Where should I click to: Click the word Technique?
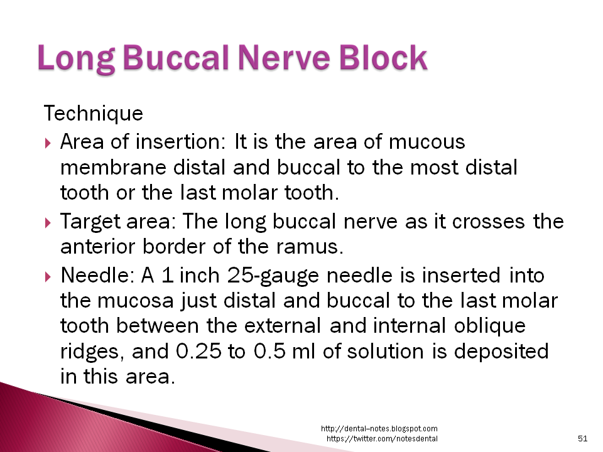click(x=93, y=114)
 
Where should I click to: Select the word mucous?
click(x=427, y=142)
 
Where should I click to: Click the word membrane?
click(x=111, y=168)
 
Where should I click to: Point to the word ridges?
click(x=93, y=352)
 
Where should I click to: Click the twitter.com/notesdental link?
click(x=382, y=438)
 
